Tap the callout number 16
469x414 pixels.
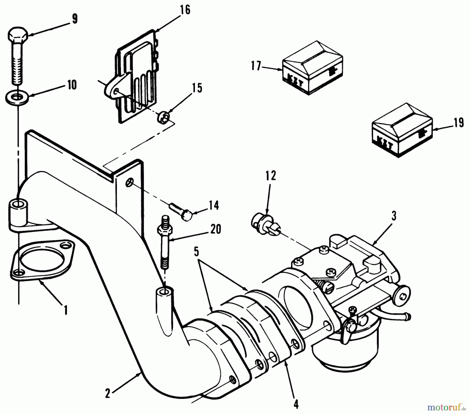(x=184, y=10)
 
